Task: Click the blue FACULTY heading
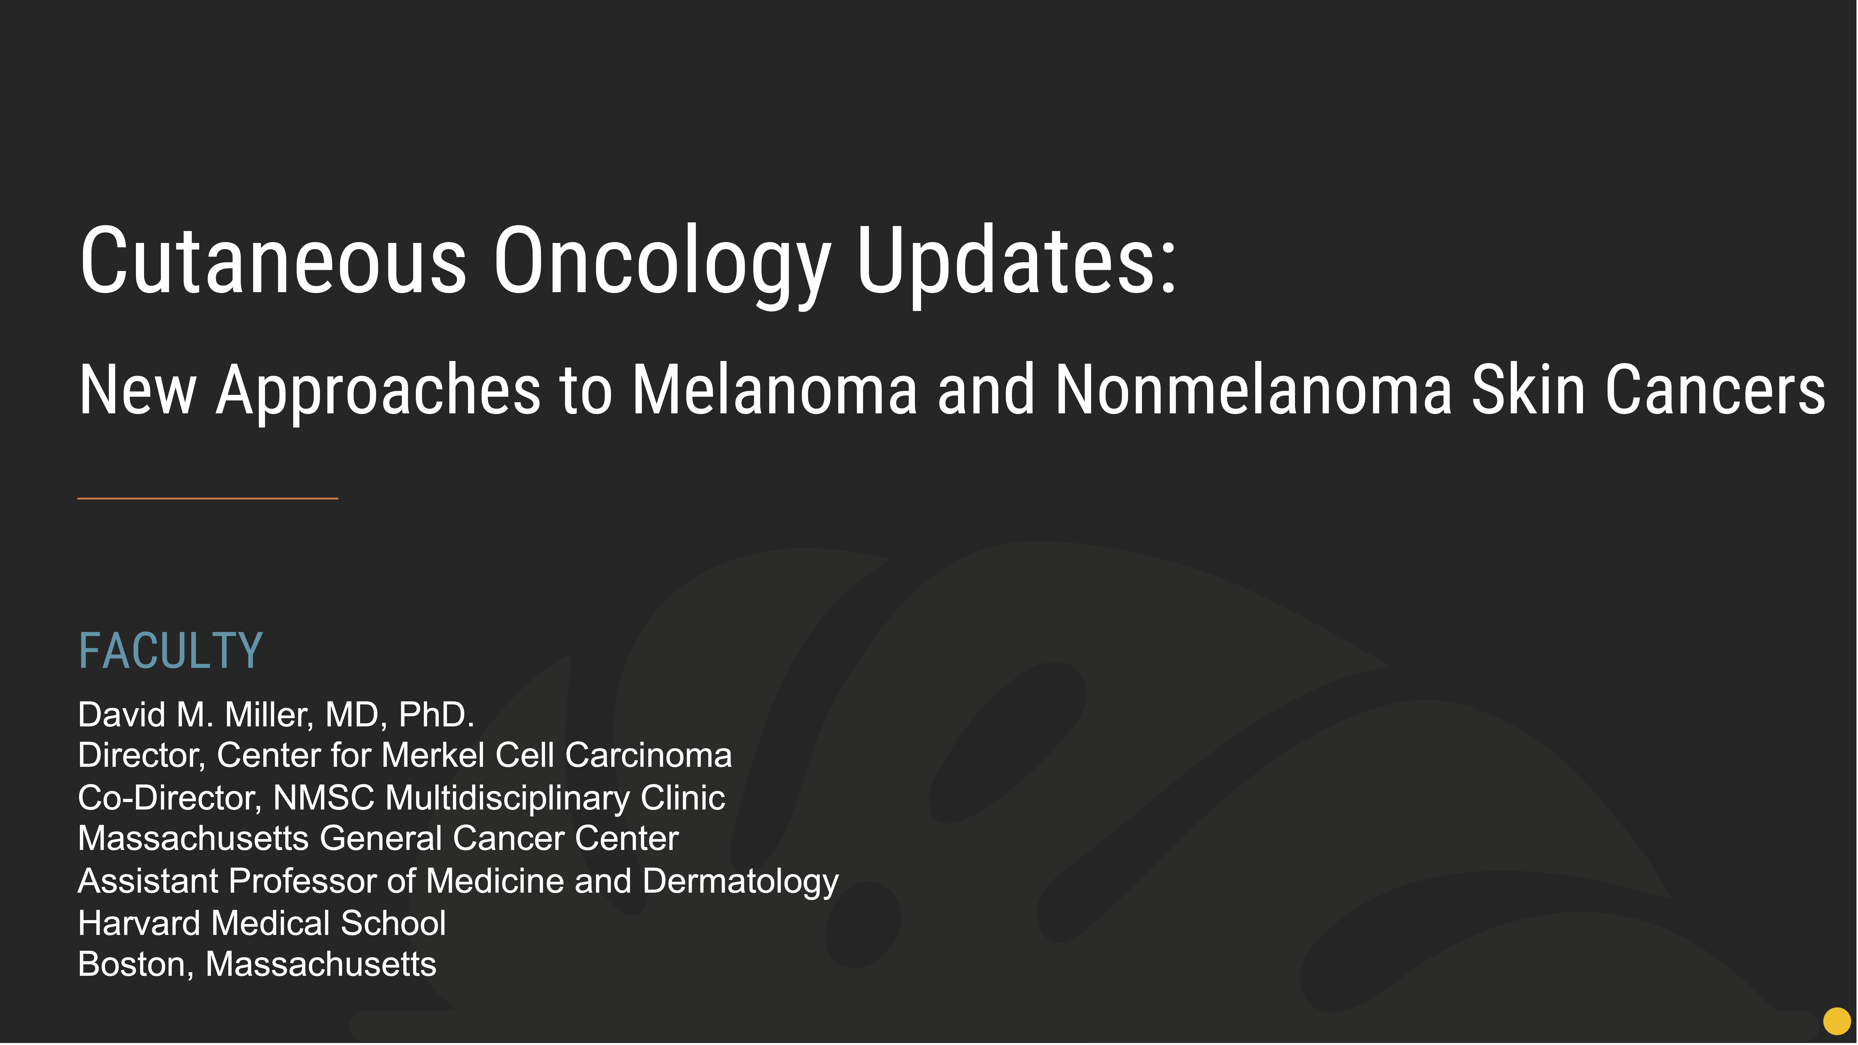click(170, 650)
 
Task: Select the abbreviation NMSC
click(324, 798)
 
